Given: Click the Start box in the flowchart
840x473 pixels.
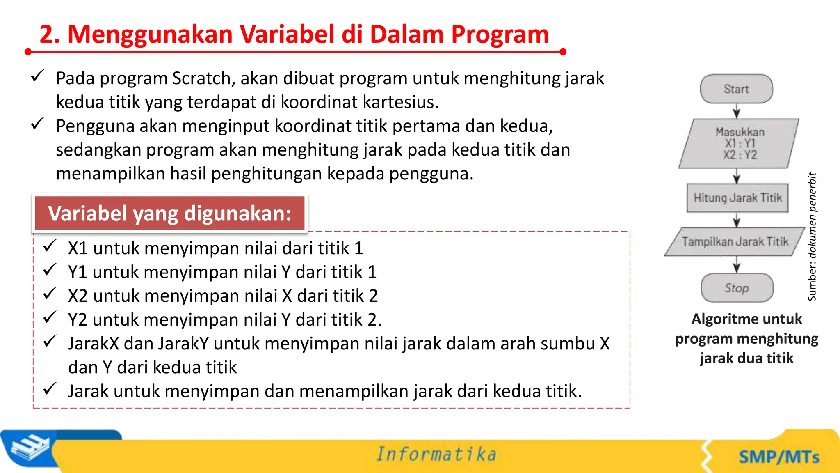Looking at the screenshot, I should (x=736, y=89).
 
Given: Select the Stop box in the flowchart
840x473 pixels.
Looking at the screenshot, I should (x=737, y=288).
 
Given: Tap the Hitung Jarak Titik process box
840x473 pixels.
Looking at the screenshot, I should (x=737, y=198).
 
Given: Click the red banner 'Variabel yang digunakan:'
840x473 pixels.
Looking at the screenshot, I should (x=169, y=213).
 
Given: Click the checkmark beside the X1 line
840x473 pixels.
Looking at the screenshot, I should (x=50, y=246).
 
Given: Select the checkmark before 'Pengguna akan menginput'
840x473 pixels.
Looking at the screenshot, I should (x=38, y=124).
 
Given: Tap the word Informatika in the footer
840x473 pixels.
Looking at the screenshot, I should (x=436, y=454).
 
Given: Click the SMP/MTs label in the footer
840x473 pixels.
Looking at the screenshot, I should (x=778, y=457).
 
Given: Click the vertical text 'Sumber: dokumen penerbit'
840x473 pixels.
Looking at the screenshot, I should (x=812, y=236).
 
